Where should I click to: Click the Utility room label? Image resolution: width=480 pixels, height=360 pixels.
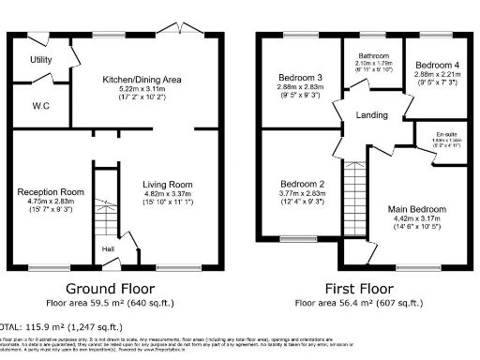click(40, 59)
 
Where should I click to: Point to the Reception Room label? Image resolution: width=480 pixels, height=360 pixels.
click(51, 192)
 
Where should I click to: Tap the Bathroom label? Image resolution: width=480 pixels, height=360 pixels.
click(371, 55)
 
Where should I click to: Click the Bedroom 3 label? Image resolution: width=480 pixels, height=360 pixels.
click(301, 77)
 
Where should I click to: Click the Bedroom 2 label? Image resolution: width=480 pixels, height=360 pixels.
click(301, 185)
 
